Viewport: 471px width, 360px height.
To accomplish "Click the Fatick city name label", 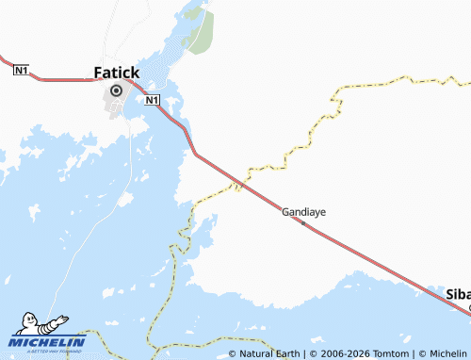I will (x=117, y=72).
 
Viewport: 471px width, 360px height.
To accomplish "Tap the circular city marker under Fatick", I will (x=117, y=90).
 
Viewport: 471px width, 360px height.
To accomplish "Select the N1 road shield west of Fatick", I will (x=21, y=70).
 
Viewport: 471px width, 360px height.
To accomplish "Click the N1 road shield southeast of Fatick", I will (x=153, y=99).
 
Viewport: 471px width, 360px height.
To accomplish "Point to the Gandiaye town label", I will (x=303, y=212).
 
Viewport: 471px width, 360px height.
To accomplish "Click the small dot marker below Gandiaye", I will (x=303, y=221).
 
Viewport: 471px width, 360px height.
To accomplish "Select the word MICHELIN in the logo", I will (x=47, y=342).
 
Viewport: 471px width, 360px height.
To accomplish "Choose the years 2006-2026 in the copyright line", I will (x=341, y=353).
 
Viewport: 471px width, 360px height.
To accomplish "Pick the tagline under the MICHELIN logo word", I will (x=47, y=351).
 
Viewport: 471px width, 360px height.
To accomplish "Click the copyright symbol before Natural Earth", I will (x=233, y=353).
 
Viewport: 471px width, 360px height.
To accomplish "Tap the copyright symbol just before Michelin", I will (x=422, y=353).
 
